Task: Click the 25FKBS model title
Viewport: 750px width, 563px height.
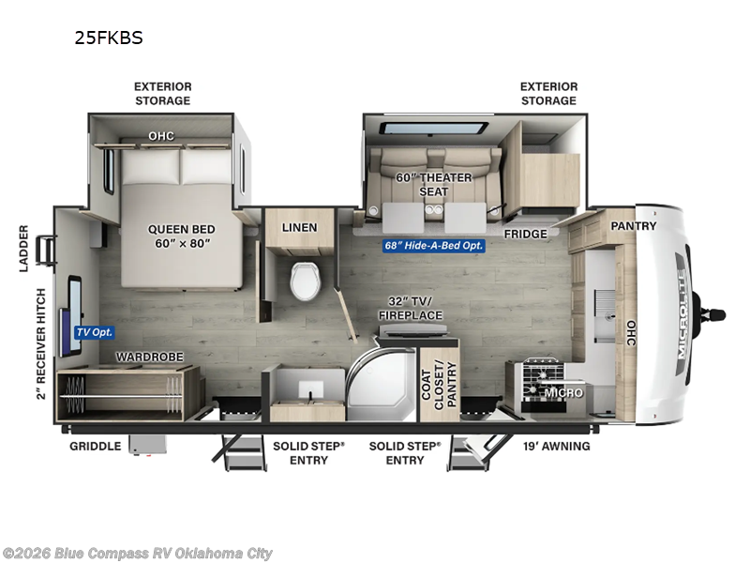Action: click(109, 38)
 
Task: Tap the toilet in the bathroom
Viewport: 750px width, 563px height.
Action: click(306, 281)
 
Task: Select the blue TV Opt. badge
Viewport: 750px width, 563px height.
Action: click(95, 332)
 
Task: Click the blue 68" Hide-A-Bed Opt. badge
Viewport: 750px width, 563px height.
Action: click(434, 246)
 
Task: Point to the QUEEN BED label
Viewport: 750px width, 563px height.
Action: click(181, 229)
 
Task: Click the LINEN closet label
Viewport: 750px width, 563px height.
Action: click(299, 227)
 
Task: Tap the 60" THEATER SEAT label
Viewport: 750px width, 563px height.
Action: click(433, 184)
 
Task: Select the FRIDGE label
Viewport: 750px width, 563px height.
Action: click(526, 234)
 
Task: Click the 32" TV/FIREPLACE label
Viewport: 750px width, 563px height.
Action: click(411, 309)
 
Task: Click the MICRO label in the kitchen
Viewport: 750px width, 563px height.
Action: click(564, 392)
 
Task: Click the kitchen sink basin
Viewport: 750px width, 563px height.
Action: click(604, 315)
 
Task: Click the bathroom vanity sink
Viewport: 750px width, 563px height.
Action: click(311, 389)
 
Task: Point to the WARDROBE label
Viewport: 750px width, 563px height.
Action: click(150, 358)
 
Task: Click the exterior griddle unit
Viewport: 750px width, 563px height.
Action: click(148, 445)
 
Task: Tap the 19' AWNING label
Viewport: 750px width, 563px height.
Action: click(556, 447)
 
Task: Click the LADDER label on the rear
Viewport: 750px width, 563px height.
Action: click(24, 249)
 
